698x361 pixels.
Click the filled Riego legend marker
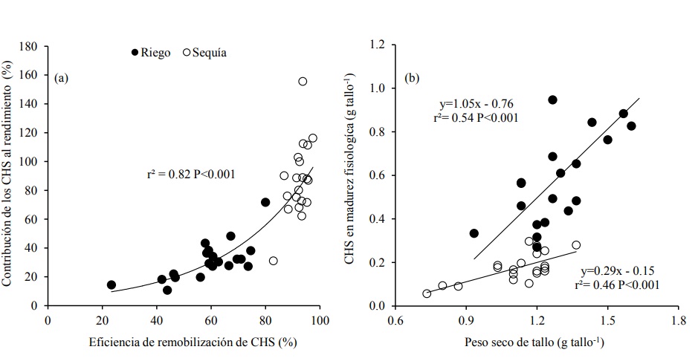coord(135,52)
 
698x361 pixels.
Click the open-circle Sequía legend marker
coord(187,52)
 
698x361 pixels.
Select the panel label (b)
coord(410,77)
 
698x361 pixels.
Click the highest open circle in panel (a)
coord(303,82)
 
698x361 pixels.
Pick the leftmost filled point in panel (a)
coord(112,284)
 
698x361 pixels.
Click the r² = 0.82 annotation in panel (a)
coord(191,175)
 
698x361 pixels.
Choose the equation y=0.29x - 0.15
coord(615,270)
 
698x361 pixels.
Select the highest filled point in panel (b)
coord(552,100)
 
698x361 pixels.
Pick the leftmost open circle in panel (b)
coord(427,293)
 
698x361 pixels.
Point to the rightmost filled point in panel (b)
coord(631,126)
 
